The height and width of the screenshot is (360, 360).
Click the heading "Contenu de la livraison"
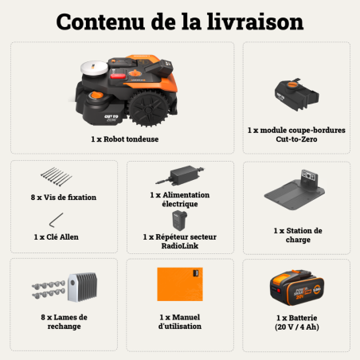pos(179,21)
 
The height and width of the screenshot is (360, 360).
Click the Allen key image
pos(54,218)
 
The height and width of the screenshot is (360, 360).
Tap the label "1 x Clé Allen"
pos(57,237)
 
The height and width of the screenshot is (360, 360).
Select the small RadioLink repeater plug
pos(182,219)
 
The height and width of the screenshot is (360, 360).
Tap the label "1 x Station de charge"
pos(297,236)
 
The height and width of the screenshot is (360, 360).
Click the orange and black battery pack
pos(297,285)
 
